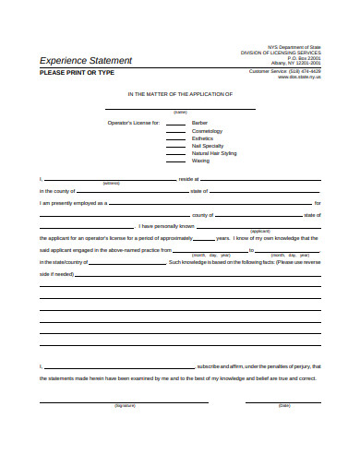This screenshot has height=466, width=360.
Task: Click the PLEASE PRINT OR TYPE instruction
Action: pyautogui.click(x=76, y=72)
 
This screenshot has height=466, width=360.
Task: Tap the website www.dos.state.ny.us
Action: pyautogui.click(x=299, y=77)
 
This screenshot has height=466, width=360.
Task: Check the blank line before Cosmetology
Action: pyautogui.click(x=176, y=131)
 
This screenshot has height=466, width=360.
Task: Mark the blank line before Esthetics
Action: pyautogui.click(x=176, y=138)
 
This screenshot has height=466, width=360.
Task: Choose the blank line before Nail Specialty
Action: pyautogui.click(x=176, y=146)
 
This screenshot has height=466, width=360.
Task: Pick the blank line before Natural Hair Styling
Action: pyautogui.click(x=176, y=153)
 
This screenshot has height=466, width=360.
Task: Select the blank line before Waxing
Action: pyautogui.click(x=176, y=161)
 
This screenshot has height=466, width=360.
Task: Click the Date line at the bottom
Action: pyautogui.click(x=283, y=401)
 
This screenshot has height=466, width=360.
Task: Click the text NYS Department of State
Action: pyautogui.click(x=294, y=46)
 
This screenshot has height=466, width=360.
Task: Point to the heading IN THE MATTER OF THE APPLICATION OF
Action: pyautogui.click(x=180, y=94)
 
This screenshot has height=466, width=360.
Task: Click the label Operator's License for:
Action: pyautogui.click(x=135, y=123)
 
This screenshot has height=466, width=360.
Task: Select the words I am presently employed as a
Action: pyautogui.click(x=74, y=202)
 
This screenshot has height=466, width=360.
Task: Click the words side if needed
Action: pyautogui.click(x=55, y=274)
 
